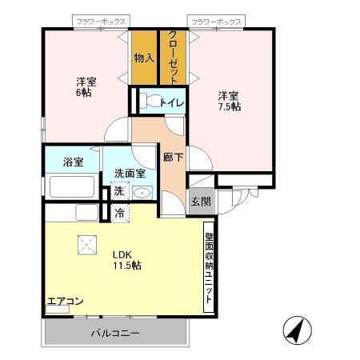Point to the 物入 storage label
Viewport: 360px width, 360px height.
pos(144,57)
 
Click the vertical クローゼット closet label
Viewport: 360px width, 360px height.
pos(172,55)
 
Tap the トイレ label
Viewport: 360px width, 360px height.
pos(172,102)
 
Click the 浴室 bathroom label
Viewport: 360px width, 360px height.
pos(74,162)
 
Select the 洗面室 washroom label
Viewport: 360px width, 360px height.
pos(128,173)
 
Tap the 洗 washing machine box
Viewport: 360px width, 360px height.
pos(118,191)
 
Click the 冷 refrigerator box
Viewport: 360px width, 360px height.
pos(118,213)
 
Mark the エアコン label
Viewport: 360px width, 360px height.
pos(65,302)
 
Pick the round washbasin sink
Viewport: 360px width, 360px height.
pos(141,192)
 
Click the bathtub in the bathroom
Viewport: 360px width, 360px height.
pos(72,187)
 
